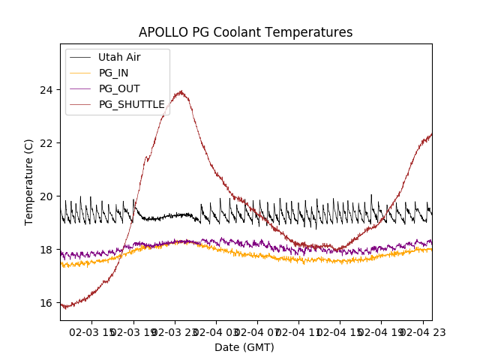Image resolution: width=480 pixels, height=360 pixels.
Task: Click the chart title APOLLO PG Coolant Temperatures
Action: [x=245, y=32]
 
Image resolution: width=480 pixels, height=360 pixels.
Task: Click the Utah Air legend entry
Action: [x=119, y=57]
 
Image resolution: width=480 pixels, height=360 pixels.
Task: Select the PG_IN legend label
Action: [x=114, y=73]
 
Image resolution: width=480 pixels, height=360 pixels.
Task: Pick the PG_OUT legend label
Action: [x=119, y=88]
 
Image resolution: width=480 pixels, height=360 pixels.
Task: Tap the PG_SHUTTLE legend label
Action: [x=131, y=104]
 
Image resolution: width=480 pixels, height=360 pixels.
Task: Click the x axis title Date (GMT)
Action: [x=244, y=347]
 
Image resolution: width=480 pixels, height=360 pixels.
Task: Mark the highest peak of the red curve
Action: [x=180, y=91]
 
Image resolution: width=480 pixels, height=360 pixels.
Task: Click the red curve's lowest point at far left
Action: [x=66, y=307]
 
